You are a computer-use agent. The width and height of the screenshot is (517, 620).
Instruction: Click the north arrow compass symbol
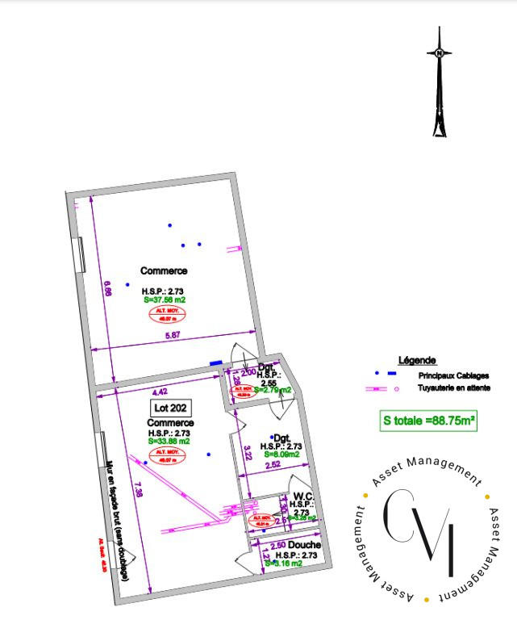[439, 81]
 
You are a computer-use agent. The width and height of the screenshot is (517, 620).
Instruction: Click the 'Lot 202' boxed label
[170, 408]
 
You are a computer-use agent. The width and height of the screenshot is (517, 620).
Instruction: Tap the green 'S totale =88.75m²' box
[427, 421]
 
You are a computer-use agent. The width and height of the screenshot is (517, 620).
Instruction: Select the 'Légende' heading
[418, 360]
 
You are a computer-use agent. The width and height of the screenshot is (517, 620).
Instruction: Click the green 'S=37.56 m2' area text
[164, 300]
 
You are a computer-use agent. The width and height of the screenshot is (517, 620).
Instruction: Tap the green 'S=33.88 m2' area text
[169, 441]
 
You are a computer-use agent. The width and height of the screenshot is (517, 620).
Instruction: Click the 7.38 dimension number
[140, 489]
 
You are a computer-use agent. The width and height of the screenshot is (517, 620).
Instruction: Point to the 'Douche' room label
[305, 547]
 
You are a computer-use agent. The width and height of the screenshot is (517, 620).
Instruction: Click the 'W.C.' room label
[303, 496]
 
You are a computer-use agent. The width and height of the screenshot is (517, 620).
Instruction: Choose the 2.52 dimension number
[274, 464]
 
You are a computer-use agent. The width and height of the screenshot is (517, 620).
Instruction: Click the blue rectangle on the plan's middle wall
[215, 363]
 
